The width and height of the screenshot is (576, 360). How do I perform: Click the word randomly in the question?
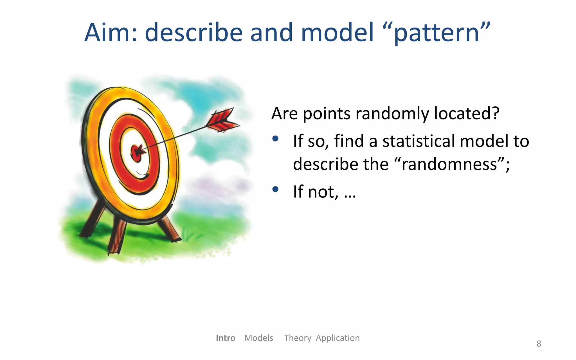tap(393, 114)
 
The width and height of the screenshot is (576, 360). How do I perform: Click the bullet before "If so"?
tap(275, 139)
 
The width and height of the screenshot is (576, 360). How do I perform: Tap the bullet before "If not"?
tap(275, 189)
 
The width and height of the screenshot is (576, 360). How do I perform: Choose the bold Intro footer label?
tap(225, 338)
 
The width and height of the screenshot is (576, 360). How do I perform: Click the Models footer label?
tap(258, 338)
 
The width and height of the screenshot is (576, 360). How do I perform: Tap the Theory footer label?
tap(297, 338)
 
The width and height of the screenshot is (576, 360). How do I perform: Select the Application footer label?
tap(337, 338)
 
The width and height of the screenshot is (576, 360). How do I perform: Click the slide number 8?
tap(539, 344)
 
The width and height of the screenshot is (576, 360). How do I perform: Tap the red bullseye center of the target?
tap(136, 154)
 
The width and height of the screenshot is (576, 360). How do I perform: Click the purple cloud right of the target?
tap(222, 184)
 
